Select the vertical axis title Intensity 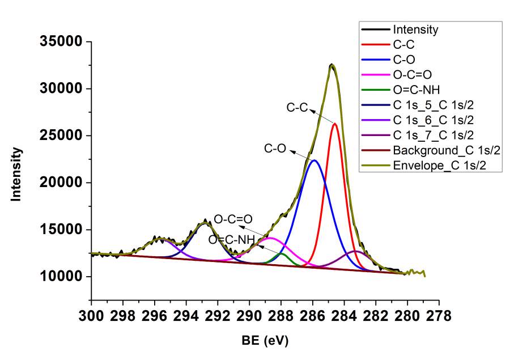click(x=17, y=174)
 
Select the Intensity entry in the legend click(x=415, y=29)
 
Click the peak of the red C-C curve click(x=335, y=124)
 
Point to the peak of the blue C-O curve click(x=314, y=160)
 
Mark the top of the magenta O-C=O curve click(x=271, y=238)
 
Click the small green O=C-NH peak click(x=282, y=253)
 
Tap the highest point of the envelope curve click(x=332, y=65)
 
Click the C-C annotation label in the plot click(x=296, y=107)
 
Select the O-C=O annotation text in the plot click(x=233, y=218)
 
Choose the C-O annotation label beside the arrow click(x=275, y=149)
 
